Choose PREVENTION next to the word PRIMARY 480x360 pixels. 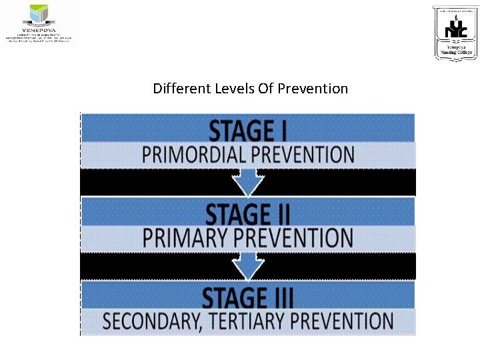pyautogui.click(x=293, y=237)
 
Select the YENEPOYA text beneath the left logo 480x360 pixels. pyautogui.click(x=40, y=31)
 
